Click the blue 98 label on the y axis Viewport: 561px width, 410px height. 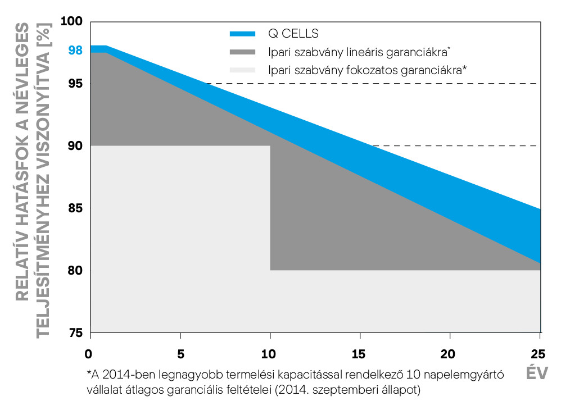75,51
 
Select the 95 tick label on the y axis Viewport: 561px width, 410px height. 75,84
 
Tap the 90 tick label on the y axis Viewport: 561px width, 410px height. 75,146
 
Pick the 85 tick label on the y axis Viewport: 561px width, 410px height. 75,208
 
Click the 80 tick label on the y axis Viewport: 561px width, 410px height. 75,271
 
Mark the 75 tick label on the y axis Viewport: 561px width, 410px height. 75,333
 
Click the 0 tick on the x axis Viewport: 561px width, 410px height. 88,354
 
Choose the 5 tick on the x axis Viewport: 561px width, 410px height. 180,354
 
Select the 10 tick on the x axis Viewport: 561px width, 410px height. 270,354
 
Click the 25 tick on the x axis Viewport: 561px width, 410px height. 538,354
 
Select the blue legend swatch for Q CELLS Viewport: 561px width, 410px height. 242,34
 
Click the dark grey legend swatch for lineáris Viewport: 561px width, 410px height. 242,52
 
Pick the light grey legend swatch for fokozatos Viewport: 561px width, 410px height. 242,70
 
